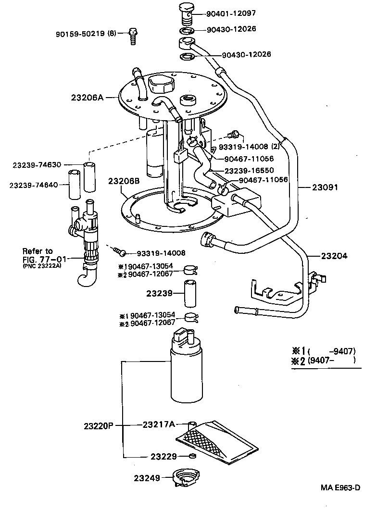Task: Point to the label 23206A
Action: tap(87, 97)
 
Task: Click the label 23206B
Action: tap(124, 181)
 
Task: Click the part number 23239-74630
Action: tap(37, 165)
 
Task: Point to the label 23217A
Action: tap(158, 424)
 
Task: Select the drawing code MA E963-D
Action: tap(340, 487)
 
